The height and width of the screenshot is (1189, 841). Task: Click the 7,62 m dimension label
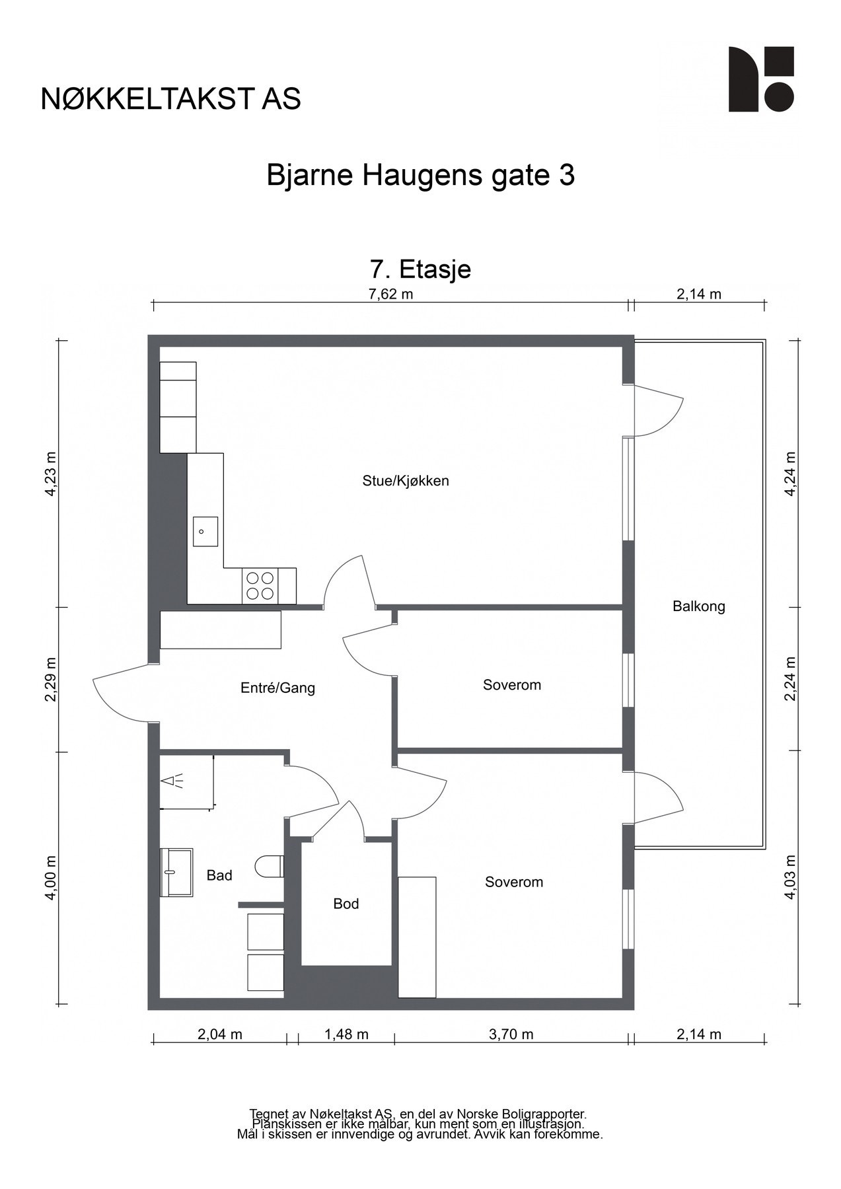pos(390,294)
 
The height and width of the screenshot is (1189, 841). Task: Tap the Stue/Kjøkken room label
pos(405,481)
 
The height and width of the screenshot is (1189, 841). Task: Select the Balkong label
pos(698,606)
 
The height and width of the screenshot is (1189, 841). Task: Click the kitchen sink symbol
pos(205,531)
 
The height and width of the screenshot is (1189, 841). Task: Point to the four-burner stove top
pos(260,585)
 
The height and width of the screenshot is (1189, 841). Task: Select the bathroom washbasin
pos(177,873)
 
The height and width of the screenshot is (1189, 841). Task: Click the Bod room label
pos(346,904)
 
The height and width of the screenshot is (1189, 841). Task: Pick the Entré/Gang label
pos(277,688)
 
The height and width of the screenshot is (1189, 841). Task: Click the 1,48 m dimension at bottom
pos(346,1034)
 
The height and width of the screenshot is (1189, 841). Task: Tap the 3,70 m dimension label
pos(511,1034)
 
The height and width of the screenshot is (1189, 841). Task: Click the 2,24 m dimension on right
pos(791,678)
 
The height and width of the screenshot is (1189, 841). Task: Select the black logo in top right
pos(760,79)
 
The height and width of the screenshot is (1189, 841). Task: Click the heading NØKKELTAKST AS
pos(170,99)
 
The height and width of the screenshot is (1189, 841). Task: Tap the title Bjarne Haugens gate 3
pos(420,176)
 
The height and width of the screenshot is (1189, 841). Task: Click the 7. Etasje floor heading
pos(420,270)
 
